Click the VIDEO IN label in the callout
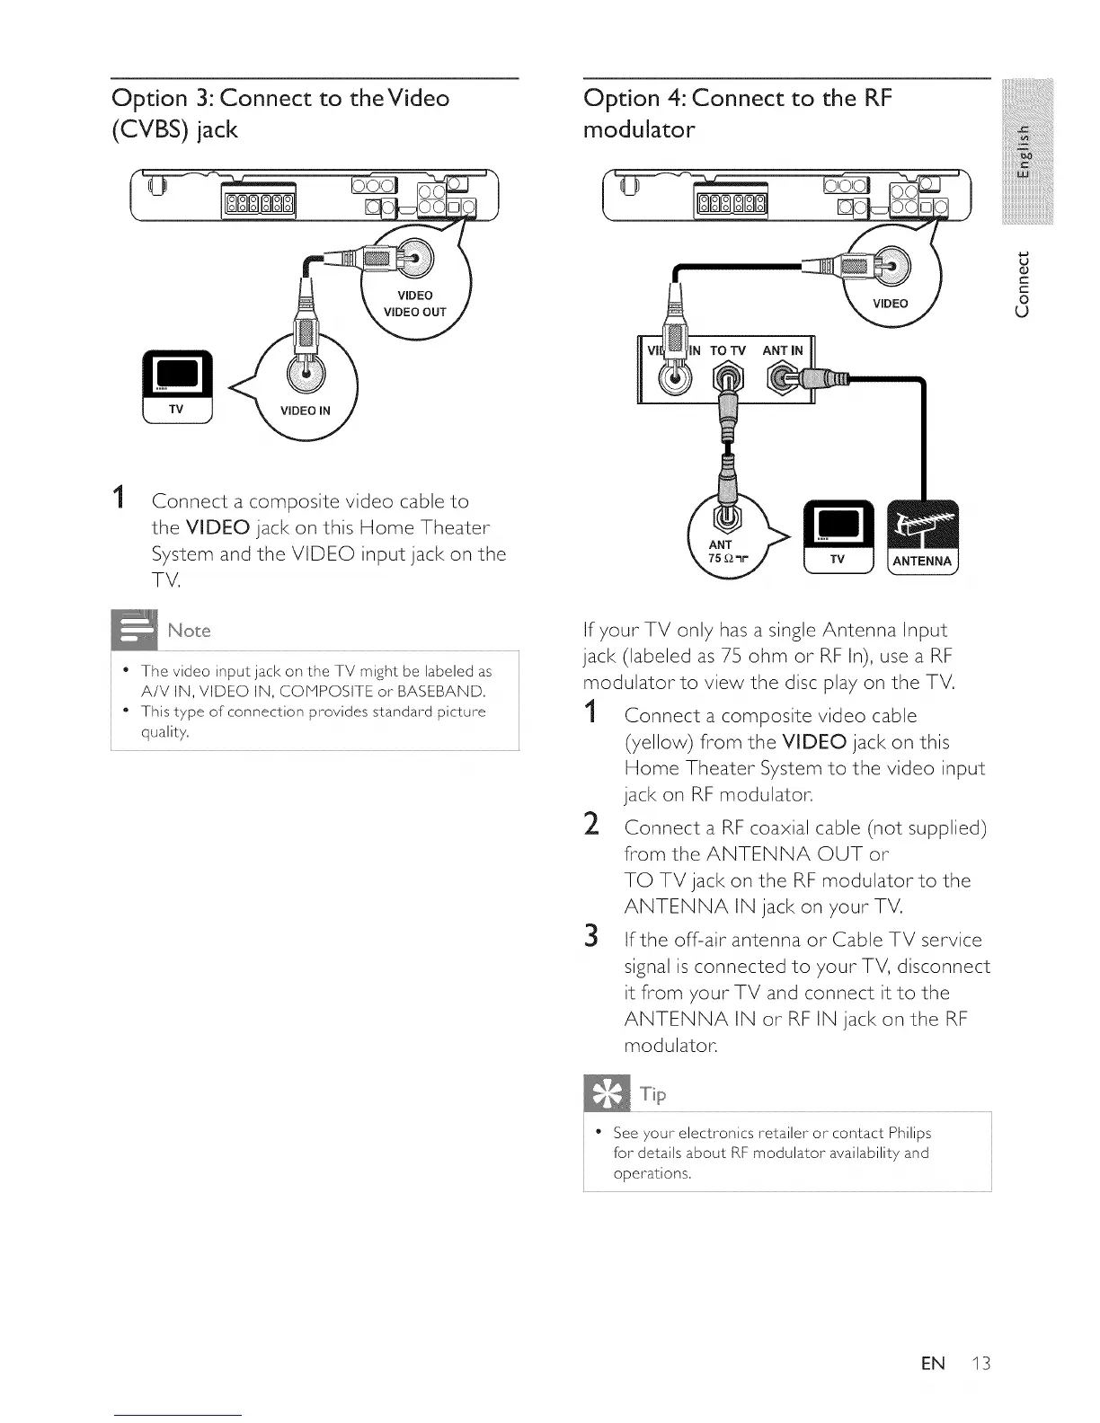click(x=305, y=411)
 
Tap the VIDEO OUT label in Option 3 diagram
click(x=414, y=313)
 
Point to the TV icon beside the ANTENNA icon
click(x=838, y=535)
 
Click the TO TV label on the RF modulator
click(x=728, y=350)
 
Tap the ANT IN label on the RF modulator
click(x=782, y=350)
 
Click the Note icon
click(x=133, y=629)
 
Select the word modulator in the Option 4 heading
click(x=638, y=130)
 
